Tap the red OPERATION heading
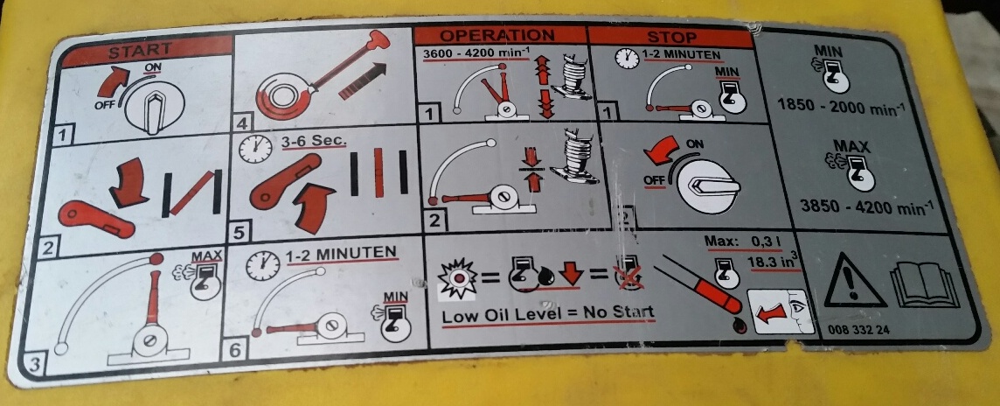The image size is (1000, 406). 497,34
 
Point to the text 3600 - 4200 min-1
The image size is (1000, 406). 476,53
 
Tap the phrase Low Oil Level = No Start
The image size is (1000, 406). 548,313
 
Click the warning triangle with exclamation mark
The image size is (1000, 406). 854,280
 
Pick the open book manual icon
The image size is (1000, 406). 925,284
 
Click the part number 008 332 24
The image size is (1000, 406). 858,329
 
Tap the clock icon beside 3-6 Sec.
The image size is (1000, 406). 252,149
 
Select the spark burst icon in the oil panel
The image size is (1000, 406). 458,278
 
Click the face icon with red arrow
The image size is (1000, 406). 781,311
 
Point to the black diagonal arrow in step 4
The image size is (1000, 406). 363,80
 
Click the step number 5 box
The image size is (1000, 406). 239,233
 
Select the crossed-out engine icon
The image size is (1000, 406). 629,273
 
